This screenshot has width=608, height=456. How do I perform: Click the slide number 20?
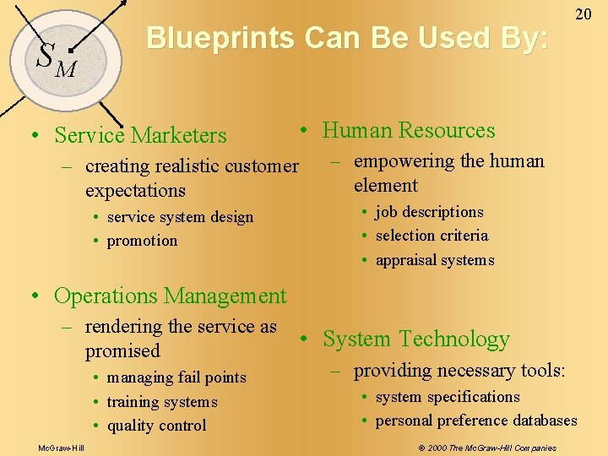pyautogui.click(x=583, y=14)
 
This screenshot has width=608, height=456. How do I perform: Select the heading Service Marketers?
pyautogui.click(x=140, y=135)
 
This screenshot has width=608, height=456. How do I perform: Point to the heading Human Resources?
pyautogui.click(x=409, y=130)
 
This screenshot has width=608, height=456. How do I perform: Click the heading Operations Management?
pyautogui.click(x=170, y=296)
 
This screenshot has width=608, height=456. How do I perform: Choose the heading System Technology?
pyautogui.click(x=416, y=339)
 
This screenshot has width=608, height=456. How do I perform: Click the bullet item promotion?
pyautogui.click(x=142, y=241)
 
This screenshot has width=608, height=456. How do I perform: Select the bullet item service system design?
pyautogui.click(x=180, y=217)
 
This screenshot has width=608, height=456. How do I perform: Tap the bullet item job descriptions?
pyautogui.click(x=429, y=212)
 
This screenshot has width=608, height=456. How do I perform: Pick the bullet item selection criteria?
pyautogui.click(x=432, y=236)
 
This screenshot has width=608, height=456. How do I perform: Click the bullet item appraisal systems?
pyautogui.click(x=434, y=260)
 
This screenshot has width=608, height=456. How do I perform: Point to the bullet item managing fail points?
pyautogui.click(x=176, y=377)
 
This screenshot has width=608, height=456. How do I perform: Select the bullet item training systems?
pyautogui.click(x=162, y=402)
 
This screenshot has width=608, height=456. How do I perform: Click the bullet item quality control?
pyautogui.click(x=156, y=426)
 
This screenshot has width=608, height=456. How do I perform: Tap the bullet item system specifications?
pyautogui.click(x=448, y=397)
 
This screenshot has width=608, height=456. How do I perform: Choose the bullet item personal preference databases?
pyautogui.click(x=476, y=421)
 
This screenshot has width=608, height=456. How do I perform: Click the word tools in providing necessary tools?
pyautogui.click(x=540, y=371)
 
